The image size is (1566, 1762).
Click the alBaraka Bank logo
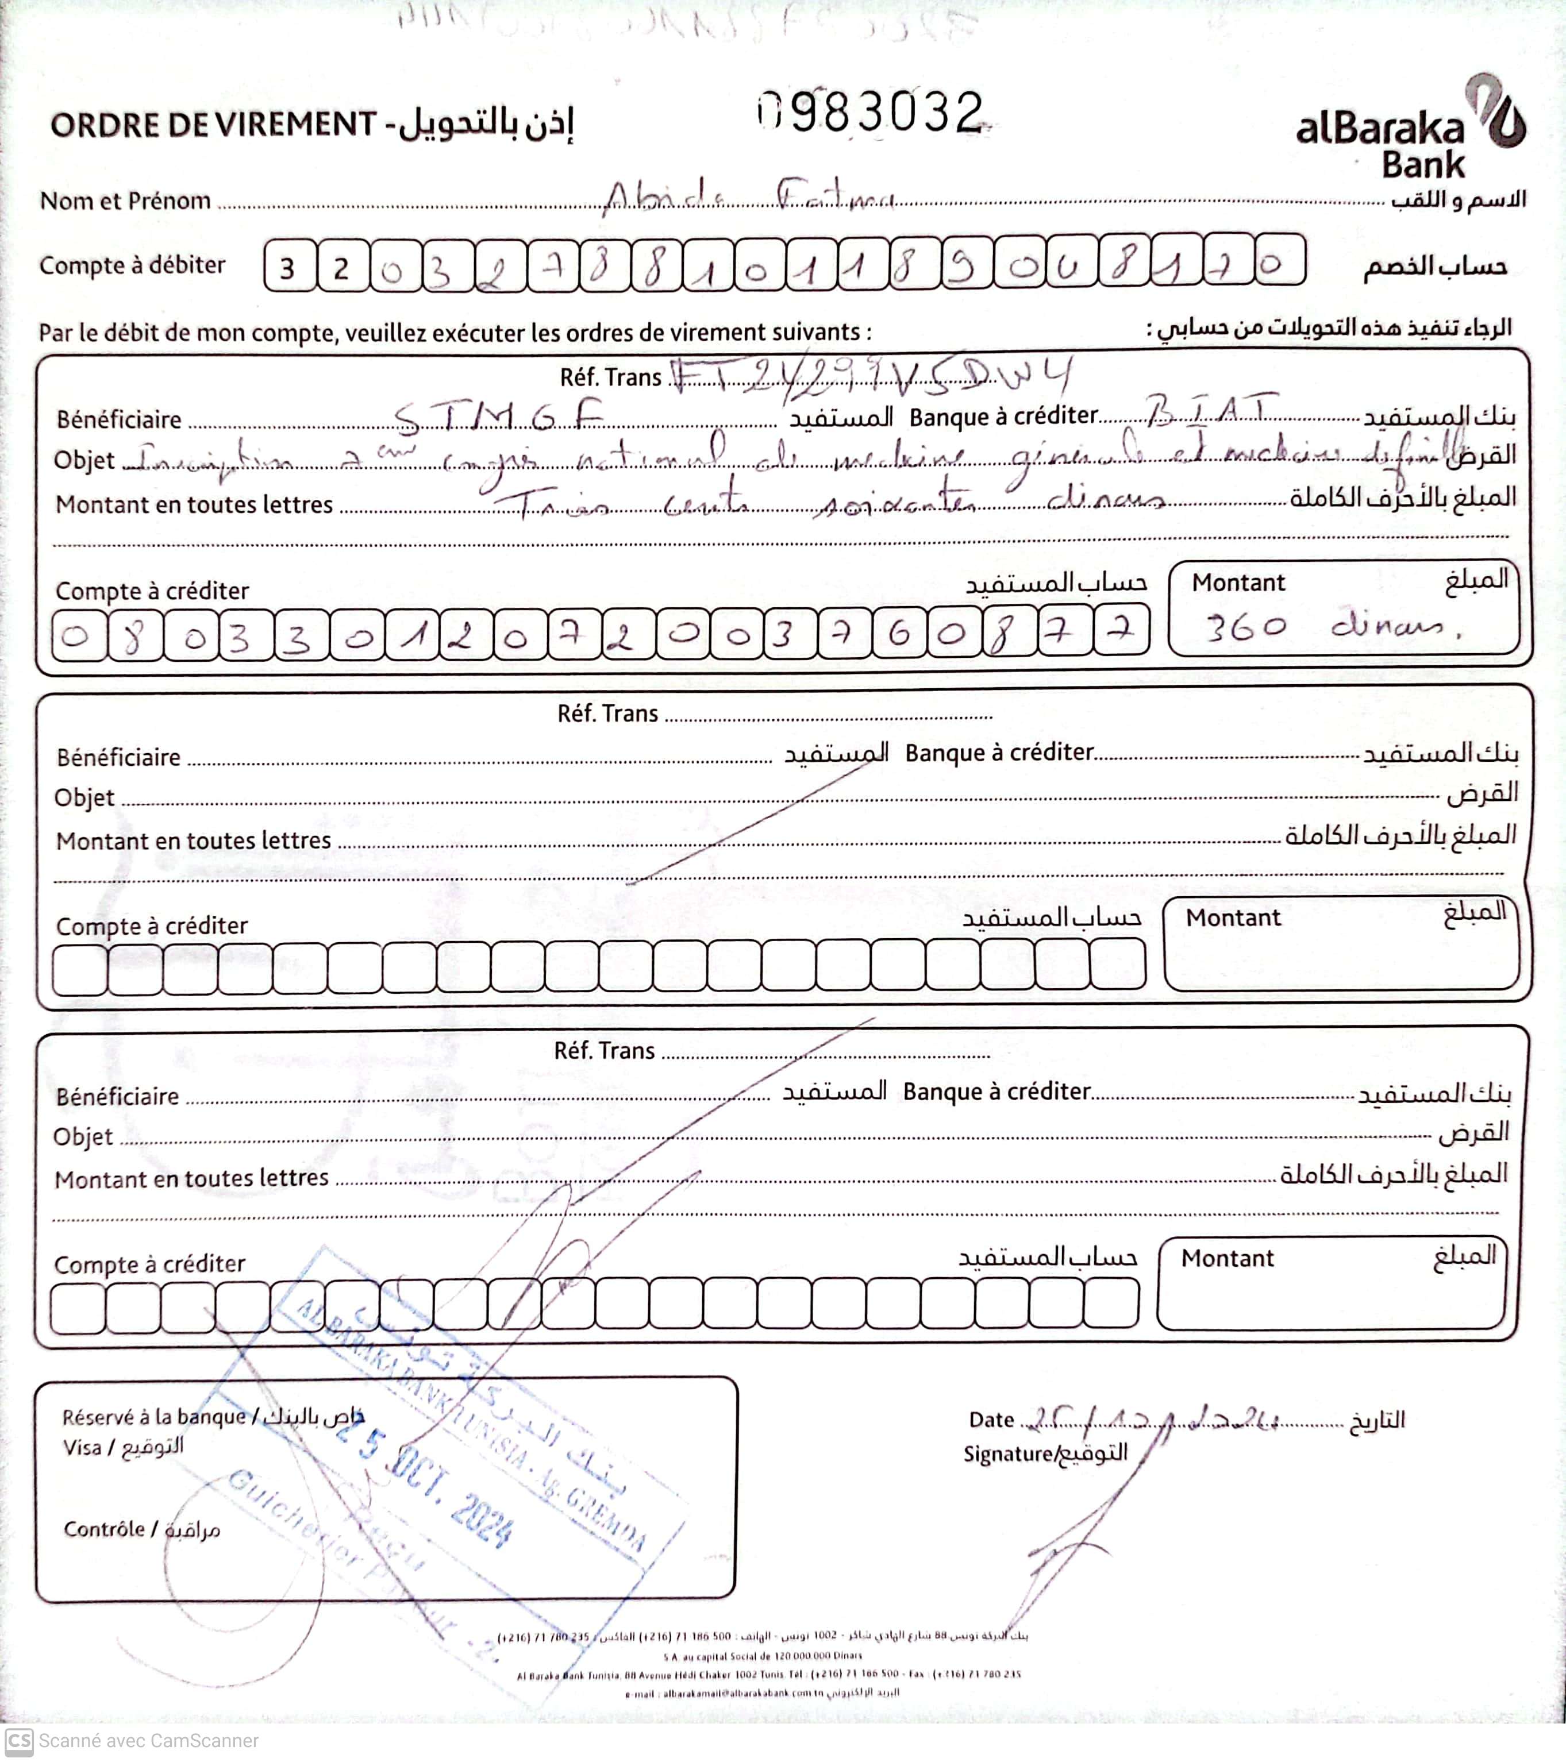pyautogui.click(x=1410, y=129)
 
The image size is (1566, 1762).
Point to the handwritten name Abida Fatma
pyautogui.click(x=747, y=198)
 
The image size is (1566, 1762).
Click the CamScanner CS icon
pyautogui.click(x=19, y=1740)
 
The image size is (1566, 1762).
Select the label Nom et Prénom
pyautogui.click(x=125, y=201)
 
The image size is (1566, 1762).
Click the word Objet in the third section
pyautogui.click(x=83, y=1137)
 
